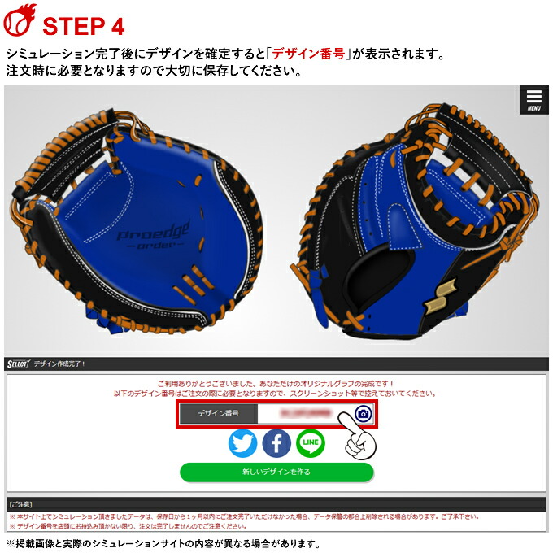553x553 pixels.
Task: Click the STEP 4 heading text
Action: point(83,25)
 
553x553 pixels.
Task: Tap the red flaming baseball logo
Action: point(20,21)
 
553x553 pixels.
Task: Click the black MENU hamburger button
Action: point(533,99)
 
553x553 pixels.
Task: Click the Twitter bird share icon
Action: point(242,442)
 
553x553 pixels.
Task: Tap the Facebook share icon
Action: point(276,442)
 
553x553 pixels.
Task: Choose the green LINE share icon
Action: point(311,442)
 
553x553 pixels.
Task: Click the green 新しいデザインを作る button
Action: point(276,472)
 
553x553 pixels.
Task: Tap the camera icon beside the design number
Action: point(363,414)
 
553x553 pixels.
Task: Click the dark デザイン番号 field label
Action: point(218,414)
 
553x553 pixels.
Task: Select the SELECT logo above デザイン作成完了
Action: point(17,364)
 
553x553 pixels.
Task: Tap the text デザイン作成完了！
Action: point(60,364)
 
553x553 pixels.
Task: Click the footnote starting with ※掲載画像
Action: point(162,544)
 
